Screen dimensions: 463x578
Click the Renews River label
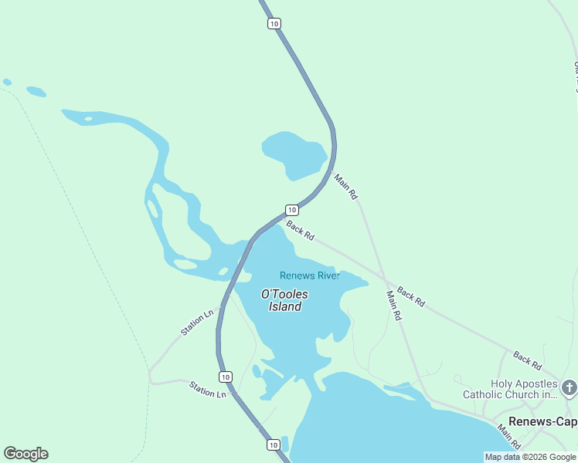[310, 275]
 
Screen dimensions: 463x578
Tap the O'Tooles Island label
[284, 300]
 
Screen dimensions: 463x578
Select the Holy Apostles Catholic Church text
[510, 389]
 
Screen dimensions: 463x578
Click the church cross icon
[569, 387]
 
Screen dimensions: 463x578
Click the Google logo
[25, 454]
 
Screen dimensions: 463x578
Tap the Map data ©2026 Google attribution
[531, 457]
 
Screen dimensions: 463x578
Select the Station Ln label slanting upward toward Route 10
[196, 323]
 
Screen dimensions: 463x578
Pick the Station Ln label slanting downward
[207, 389]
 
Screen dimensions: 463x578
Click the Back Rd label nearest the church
[527, 360]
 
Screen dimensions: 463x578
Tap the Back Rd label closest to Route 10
[300, 230]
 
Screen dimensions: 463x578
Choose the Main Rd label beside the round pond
[345, 187]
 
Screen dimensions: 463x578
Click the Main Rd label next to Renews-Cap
[510, 437]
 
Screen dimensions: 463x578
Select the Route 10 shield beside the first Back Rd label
[291, 210]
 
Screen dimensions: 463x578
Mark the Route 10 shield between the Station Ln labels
[225, 377]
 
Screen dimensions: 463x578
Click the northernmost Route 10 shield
[274, 24]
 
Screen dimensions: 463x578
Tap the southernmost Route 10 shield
[273, 444]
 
